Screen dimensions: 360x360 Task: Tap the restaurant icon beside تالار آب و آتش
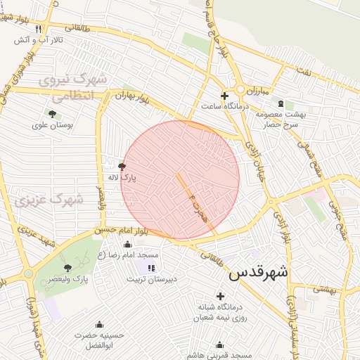(38, 29)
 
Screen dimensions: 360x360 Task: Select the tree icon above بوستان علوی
(52, 114)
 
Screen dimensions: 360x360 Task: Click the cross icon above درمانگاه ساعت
(224, 96)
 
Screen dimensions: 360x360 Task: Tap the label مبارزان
(257, 91)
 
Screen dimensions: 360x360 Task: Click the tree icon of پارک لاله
(122, 167)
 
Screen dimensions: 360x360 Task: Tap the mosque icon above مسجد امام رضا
(127, 244)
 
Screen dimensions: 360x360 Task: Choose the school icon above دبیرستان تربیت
(150, 268)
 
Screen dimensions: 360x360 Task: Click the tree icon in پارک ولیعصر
(67, 268)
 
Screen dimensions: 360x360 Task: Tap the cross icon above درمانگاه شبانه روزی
(221, 296)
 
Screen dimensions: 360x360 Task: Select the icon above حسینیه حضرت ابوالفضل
(99, 324)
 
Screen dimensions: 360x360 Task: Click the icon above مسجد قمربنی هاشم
(220, 345)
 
